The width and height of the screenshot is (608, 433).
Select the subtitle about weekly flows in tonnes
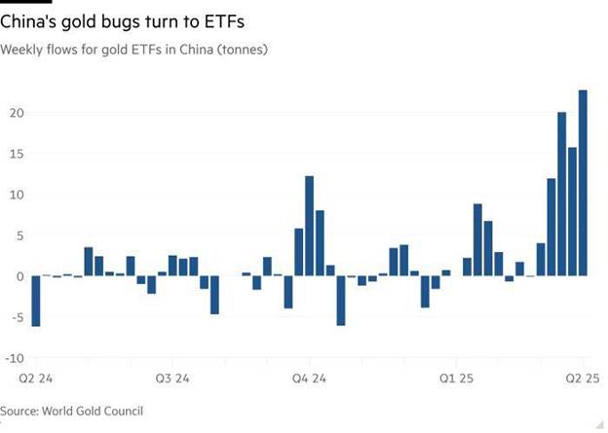click(134, 49)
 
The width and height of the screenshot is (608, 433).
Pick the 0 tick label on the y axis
click(19, 276)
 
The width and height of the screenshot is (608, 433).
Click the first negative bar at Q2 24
click(35, 301)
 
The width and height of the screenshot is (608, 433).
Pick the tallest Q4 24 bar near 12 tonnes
click(309, 226)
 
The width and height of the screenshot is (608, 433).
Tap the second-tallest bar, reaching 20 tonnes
click(562, 194)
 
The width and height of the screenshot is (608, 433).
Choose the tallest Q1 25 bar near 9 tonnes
click(477, 239)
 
